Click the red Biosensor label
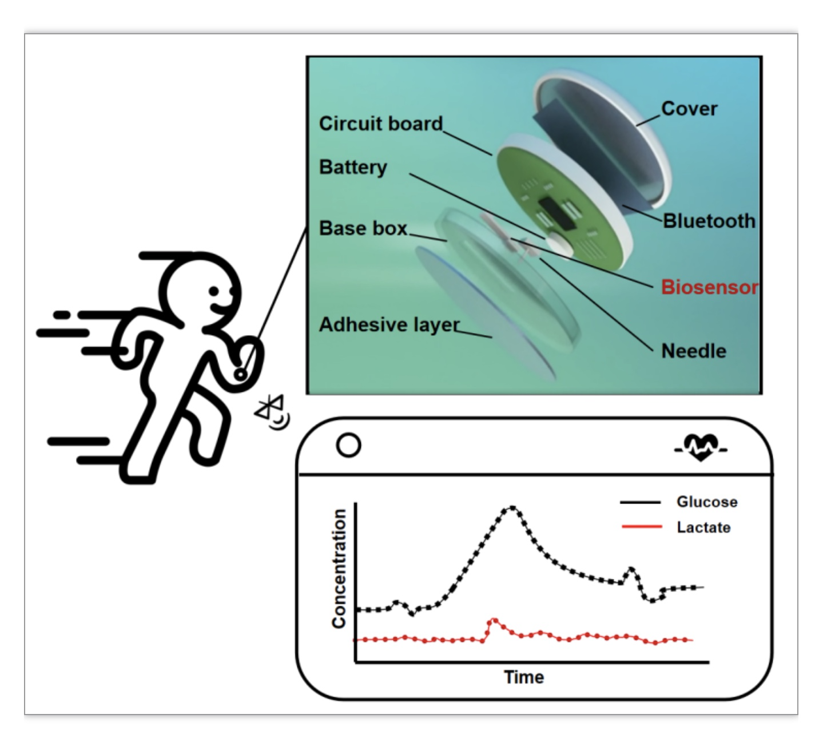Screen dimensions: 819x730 pos(709,287)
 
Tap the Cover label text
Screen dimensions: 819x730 pos(689,109)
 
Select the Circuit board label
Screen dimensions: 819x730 pos(381,124)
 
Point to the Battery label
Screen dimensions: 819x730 pos(353,167)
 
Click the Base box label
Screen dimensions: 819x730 pos(363,228)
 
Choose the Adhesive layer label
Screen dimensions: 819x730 pos(389,325)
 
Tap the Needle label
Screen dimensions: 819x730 pos(694,351)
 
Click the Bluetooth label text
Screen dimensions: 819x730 pos(709,221)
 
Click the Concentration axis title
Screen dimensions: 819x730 pos(339,569)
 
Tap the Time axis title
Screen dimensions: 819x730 pos(524,677)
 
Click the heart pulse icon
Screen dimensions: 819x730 pos(701,448)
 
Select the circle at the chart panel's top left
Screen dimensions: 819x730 pos(348,445)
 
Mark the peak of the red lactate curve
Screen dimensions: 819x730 pos(493,620)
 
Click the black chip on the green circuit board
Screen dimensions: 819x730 pos(557,213)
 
